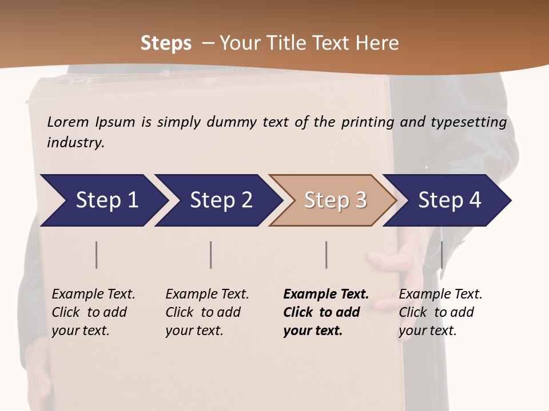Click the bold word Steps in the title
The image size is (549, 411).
(x=166, y=43)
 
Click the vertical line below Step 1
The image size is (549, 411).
(x=97, y=255)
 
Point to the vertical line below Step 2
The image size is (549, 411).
(x=211, y=255)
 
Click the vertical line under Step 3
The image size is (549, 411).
(x=326, y=255)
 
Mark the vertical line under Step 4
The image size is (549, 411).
(x=441, y=255)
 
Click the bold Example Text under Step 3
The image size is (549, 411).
(x=326, y=312)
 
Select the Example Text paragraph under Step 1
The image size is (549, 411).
(x=93, y=312)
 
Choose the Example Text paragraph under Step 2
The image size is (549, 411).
(x=207, y=312)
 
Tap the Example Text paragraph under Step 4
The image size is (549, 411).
(x=440, y=312)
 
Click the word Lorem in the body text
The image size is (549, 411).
(x=68, y=122)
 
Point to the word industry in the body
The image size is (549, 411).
(x=75, y=143)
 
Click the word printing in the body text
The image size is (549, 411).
(x=367, y=122)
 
